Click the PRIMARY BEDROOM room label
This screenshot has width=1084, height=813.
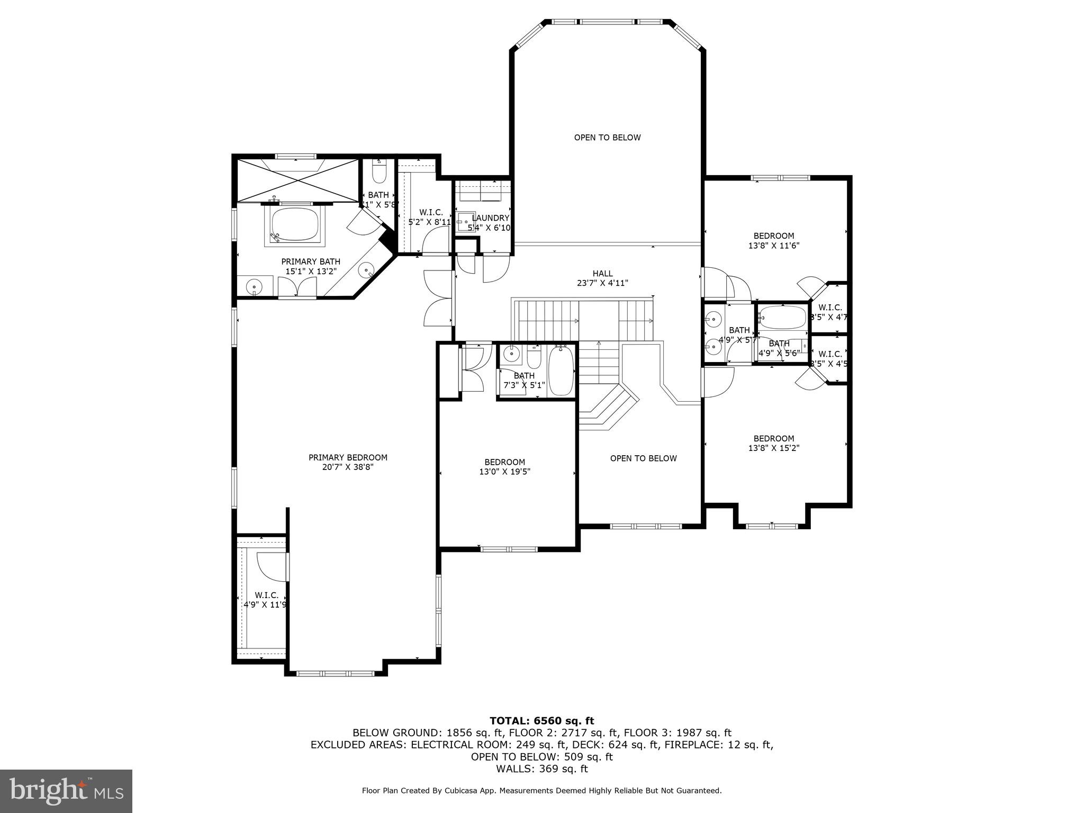pos(348,457)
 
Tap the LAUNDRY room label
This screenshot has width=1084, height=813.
pos(490,218)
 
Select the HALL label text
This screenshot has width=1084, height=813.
pos(602,274)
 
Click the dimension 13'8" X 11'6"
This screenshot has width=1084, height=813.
pos(773,246)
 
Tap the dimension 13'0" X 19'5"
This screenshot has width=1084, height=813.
pos(504,472)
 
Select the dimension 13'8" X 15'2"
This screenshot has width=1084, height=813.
pos(773,448)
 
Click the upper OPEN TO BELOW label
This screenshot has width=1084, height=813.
pos(607,138)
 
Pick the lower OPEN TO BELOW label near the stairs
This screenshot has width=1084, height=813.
pos(643,458)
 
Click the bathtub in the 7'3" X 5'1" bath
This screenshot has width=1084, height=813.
pos(561,371)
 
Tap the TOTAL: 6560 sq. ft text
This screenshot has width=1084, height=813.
pos(541,721)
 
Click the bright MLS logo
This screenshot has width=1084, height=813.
pos(66,791)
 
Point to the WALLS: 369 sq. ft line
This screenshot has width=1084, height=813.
pos(541,769)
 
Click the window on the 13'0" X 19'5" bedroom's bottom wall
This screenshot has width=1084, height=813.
pos(508,549)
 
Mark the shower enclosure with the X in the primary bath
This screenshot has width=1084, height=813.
pos(297,179)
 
